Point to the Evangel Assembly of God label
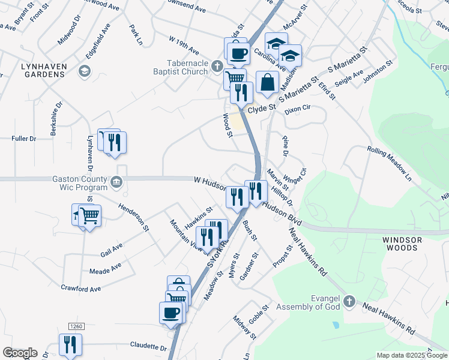click(x=308, y=302)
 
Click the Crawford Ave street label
click(x=80, y=289)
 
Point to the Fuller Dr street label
click(x=24, y=139)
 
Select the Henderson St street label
click(x=133, y=217)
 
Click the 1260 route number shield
click(x=75, y=326)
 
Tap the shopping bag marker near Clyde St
click(x=267, y=83)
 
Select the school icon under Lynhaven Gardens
click(x=85, y=72)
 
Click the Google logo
click(x=20, y=353)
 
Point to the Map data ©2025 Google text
click(x=411, y=355)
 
